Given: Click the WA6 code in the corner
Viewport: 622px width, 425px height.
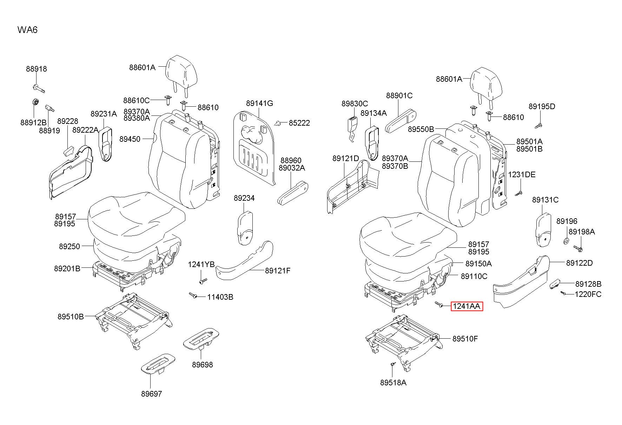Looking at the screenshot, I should click(27, 30).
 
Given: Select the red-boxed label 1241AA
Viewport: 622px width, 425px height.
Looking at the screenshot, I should click(466, 306).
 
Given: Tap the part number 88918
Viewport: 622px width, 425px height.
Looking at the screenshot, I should click(36, 69).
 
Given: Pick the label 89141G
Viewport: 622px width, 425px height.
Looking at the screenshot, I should click(259, 103).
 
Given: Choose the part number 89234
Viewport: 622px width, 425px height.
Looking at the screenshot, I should click(244, 198).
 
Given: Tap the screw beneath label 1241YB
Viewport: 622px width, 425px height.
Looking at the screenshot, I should click(203, 281).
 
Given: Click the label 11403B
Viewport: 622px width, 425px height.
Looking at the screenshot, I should click(220, 297).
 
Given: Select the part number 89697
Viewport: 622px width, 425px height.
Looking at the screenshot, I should click(152, 394).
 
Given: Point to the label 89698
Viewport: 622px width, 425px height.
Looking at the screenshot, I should click(202, 365).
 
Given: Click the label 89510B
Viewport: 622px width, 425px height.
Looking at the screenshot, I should click(71, 317).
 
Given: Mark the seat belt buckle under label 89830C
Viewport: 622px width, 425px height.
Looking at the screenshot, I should click(351, 128).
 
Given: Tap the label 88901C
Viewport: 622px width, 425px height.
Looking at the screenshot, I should click(399, 95).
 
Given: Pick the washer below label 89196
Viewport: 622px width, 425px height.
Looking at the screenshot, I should click(566, 241).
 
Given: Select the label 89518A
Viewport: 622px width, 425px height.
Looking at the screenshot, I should click(393, 382).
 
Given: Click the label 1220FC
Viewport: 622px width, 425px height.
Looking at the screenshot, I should click(588, 294).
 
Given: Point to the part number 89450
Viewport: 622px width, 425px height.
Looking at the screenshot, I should click(130, 139).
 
